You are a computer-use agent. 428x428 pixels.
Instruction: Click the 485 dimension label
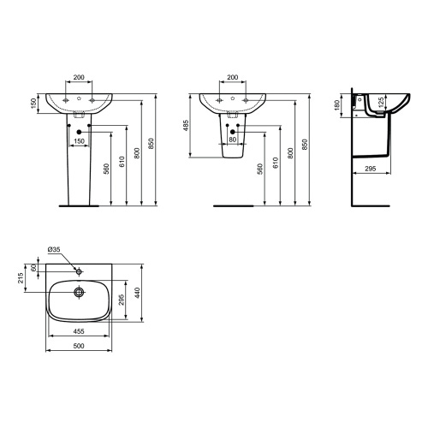186,126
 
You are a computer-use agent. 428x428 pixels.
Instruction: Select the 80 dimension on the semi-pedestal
233,140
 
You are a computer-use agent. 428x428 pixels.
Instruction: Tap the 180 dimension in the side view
337,105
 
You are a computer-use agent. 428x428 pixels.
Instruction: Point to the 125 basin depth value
381,103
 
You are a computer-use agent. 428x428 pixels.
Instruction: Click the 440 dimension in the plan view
137,293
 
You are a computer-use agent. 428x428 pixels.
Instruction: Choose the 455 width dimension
79,331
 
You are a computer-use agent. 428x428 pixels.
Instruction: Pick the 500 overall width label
79,346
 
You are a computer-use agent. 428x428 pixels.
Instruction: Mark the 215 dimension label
21,278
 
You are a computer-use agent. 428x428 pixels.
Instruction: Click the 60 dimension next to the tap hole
34,268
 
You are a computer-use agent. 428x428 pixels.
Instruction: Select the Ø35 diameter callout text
54,249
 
